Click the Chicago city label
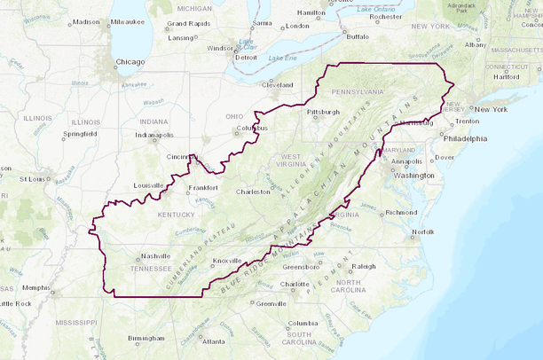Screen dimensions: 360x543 (129, 63)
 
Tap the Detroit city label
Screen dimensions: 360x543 (246, 57)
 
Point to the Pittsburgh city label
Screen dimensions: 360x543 (324, 113)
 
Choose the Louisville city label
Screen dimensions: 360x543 (149, 185)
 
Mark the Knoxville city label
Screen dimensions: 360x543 (227, 262)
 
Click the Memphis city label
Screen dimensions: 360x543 (36, 288)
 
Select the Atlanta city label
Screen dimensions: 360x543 (213, 341)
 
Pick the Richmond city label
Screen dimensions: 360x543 (401, 213)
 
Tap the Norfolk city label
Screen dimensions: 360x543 (423, 232)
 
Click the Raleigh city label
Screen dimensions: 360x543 (364, 266)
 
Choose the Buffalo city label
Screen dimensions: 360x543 (358, 37)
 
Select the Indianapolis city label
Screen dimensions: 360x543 (154, 135)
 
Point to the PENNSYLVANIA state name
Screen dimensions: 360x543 (358, 91)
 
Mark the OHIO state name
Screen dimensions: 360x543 (234, 116)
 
